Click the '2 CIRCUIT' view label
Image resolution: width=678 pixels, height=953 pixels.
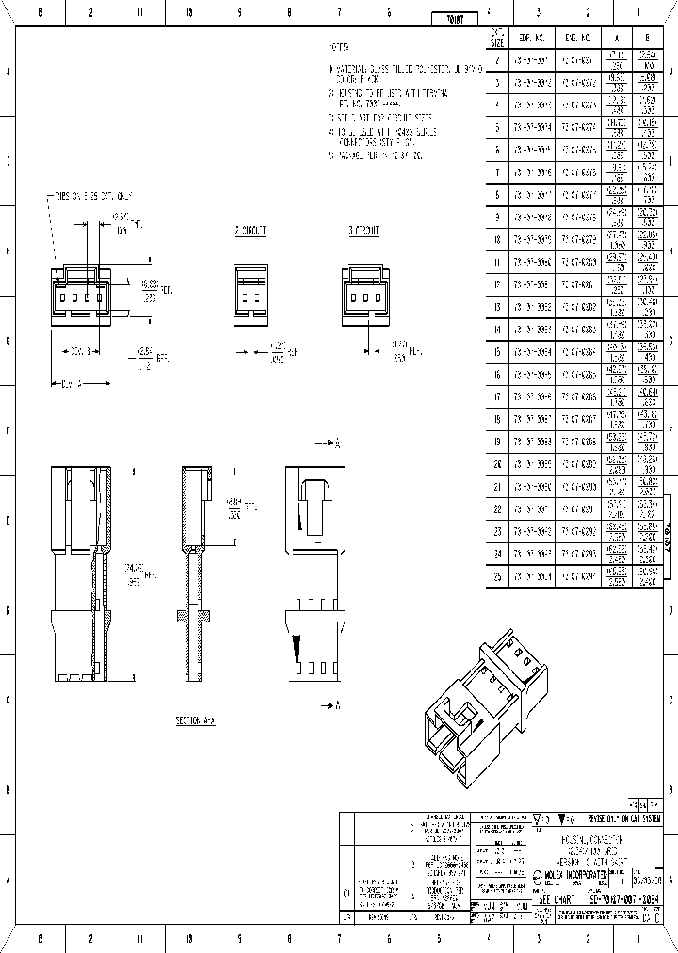click(250, 230)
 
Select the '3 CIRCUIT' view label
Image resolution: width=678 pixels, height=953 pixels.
click(363, 230)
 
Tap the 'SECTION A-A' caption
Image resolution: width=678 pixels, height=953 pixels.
click(195, 720)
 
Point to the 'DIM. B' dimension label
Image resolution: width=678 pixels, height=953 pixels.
click(77, 350)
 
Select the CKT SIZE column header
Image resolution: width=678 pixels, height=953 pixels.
click(498, 38)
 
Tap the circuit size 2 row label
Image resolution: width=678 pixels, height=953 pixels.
click(498, 59)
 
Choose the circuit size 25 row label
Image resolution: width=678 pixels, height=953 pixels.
click(498, 576)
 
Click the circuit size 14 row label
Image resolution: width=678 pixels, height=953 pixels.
click(498, 329)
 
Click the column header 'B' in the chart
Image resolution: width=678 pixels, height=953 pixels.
click(648, 38)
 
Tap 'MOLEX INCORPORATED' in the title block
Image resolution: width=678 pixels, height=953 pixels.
click(573, 874)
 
